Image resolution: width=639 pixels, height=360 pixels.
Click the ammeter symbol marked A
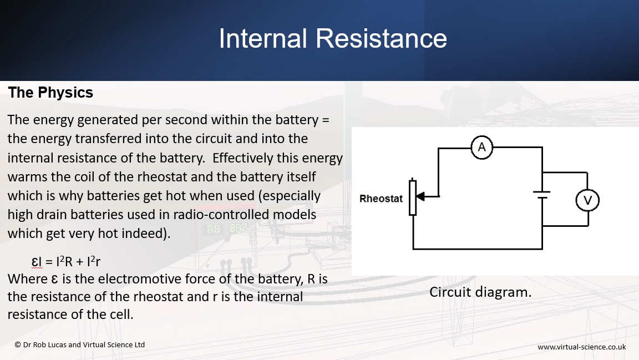click(x=481, y=147)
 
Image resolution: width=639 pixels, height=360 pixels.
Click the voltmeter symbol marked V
click(x=587, y=200)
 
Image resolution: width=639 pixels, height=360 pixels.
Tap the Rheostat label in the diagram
click(x=381, y=199)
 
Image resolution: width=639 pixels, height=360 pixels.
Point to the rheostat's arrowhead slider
click(x=421, y=196)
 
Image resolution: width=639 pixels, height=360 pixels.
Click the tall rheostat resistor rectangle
click(x=413, y=197)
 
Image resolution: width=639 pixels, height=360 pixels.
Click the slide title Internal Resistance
click(x=333, y=39)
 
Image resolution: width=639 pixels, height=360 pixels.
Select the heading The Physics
click(x=50, y=93)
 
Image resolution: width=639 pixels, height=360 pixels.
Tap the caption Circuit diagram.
click(x=480, y=292)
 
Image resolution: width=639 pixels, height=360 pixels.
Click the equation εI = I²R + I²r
click(x=66, y=262)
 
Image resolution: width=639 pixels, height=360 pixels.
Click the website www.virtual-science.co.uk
click(x=581, y=347)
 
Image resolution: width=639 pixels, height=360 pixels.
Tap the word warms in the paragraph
click(x=26, y=177)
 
